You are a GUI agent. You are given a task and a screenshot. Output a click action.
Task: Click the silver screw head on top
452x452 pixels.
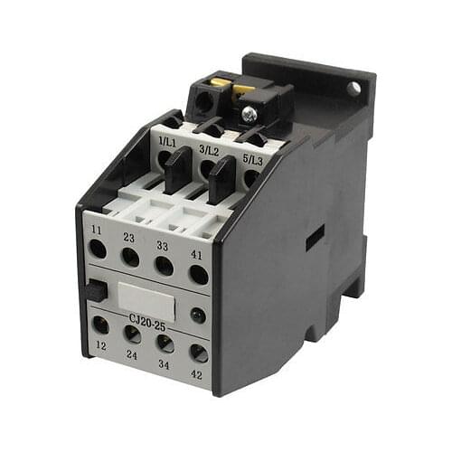[x=249, y=113]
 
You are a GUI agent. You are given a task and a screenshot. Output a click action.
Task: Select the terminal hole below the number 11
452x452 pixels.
[x=98, y=250]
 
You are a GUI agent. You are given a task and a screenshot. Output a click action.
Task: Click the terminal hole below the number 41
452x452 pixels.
[x=198, y=274]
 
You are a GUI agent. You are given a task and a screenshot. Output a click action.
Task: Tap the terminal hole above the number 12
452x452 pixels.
[x=99, y=325]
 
